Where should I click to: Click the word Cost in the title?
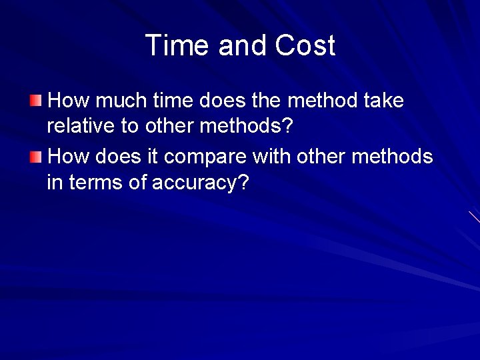tap(303, 45)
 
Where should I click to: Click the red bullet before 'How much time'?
tap(35, 101)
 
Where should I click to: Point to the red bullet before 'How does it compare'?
tap(35, 157)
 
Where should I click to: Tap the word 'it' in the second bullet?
tap(153, 157)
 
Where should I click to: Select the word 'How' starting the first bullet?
tap(70, 101)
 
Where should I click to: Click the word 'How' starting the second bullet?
tap(70, 157)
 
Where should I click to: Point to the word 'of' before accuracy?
tap(139, 183)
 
